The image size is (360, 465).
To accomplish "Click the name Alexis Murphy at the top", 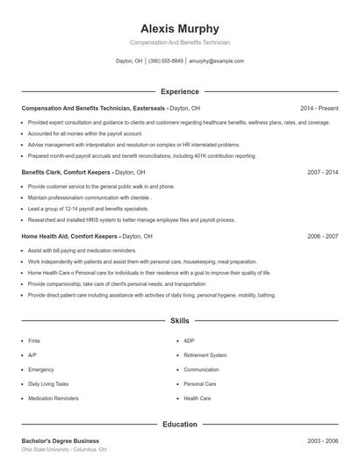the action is [179, 28].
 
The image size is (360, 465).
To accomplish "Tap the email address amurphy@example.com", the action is [216, 61].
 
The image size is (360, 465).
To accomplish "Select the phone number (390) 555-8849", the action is [166, 61].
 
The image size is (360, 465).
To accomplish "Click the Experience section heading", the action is [179, 91].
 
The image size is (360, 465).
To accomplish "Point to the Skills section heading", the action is [179, 322].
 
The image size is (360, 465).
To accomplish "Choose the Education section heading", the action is [179, 425].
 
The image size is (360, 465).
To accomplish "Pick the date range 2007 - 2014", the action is [322, 173].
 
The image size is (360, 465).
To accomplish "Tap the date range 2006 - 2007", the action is [322, 237].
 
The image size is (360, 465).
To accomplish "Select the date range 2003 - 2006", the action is [322, 440].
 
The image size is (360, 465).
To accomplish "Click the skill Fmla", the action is [33, 340].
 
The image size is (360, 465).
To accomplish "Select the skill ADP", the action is [189, 340].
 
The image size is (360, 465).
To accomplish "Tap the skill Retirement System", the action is [205, 355].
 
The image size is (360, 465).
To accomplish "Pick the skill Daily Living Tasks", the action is [47, 384].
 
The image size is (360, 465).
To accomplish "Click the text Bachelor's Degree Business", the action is [60, 440].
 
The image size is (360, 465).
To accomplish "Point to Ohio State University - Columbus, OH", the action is [64, 449].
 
